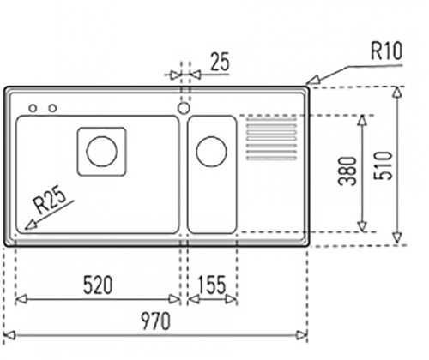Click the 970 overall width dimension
[156, 321]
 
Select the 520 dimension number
[98, 285]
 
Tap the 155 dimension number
[212, 285]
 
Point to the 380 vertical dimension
[347, 171]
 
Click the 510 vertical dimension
[384, 165]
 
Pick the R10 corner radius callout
[386, 51]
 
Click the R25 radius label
[50, 199]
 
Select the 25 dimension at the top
[220, 61]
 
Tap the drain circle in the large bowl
[101, 152]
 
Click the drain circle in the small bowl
[211, 152]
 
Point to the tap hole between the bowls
[184, 108]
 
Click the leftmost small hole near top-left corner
[33, 108]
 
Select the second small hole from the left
[52, 108]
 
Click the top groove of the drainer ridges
[271, 119]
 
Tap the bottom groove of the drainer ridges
[271, 158]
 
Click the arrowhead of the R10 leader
[312, 80]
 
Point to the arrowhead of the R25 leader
[30, 225]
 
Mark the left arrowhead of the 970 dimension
[9, 335]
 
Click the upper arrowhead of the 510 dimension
[396, 92]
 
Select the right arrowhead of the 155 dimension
[231, 299]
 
